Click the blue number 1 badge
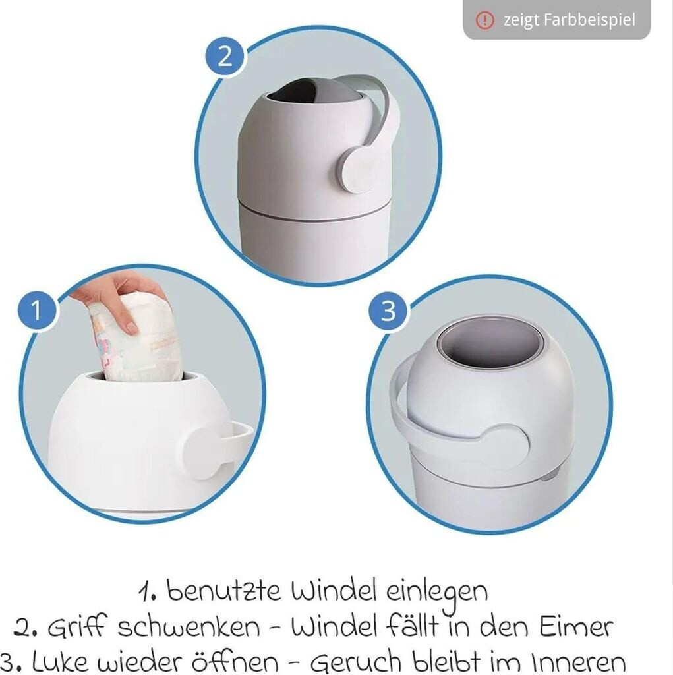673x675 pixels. (37, 310)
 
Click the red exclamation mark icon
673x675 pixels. (485, 20)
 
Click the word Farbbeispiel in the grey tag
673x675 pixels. (589, 20)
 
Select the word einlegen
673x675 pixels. (436, 594)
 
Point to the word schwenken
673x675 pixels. (189, 627)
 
